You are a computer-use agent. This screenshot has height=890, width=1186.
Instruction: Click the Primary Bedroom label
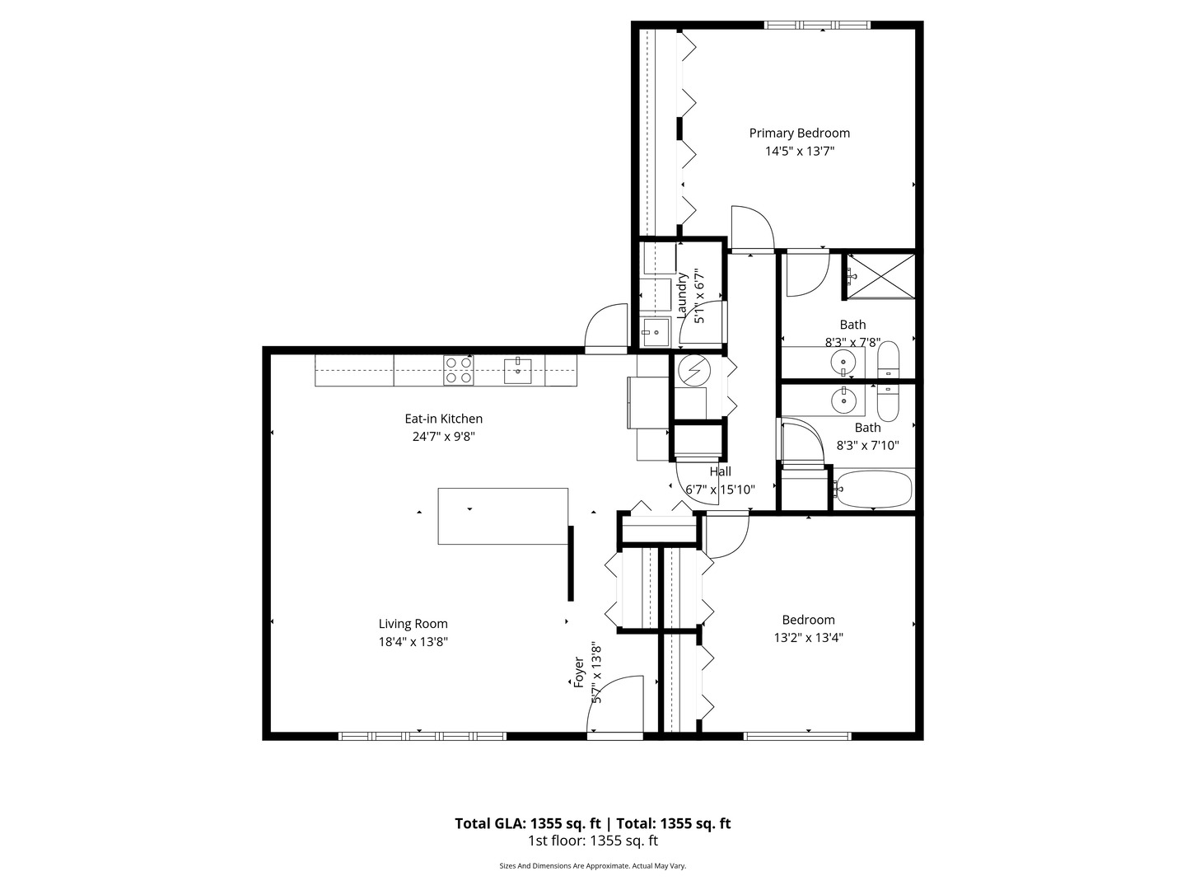pyautogui.click(x=799, y=133)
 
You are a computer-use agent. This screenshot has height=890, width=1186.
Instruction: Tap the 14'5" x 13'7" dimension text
pyautogui.click(x=799, y=151)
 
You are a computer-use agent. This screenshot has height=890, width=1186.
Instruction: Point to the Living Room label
pyautogui.click(x=413, y=624)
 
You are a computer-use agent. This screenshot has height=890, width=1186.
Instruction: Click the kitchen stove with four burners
pyautogui.click(x=459, y=370)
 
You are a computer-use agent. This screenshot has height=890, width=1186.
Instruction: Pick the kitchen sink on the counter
pyautogui.click(x=518, y=370)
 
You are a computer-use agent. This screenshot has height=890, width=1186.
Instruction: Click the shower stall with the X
pyautogui.click(x=881, y=276)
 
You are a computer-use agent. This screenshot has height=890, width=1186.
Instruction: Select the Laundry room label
pyautogui.click(x=682, y=295)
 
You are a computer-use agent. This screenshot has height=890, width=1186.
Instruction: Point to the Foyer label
pyautogui.click(x=579, y=672)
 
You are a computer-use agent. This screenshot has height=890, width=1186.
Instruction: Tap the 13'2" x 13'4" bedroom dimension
pyautogui.click(x=808, y=637)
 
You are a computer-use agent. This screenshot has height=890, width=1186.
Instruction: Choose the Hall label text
pyautogui.click(x=720, y=471)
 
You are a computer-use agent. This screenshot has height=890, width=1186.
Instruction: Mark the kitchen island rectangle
pyautogui.click(x=502, y=516)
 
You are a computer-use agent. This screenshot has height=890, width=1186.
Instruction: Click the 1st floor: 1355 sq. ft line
pyautogui.click(x=592, y=841)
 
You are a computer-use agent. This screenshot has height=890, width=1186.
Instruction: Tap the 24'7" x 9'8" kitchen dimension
pyautogui.click(x=443, y=437)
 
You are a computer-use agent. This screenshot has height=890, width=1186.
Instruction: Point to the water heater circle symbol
pyautogui.click(x=693, y=370)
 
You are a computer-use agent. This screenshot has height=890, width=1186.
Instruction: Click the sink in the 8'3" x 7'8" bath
pyautogui.click(x=843, y=360)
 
